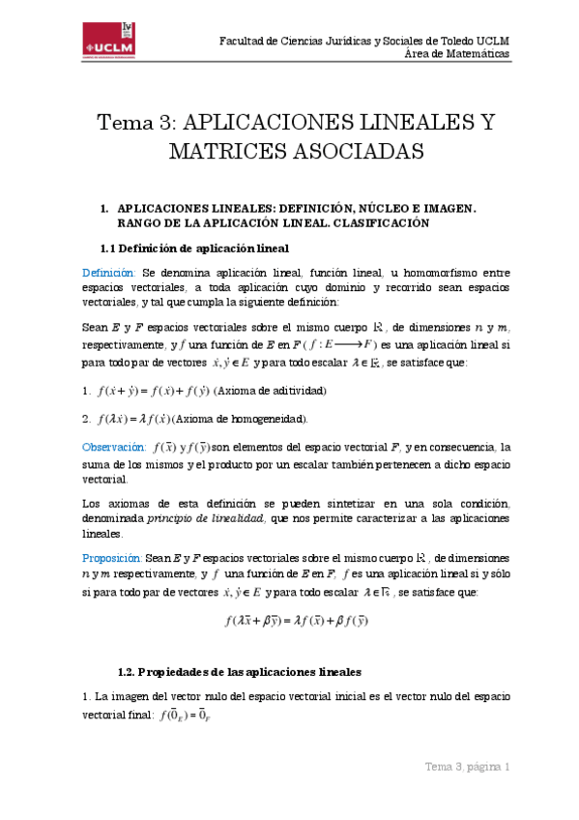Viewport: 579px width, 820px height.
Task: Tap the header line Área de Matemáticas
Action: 456,54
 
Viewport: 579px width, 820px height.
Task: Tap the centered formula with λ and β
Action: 296,620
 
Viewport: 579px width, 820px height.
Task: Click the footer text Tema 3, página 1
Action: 468,767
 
